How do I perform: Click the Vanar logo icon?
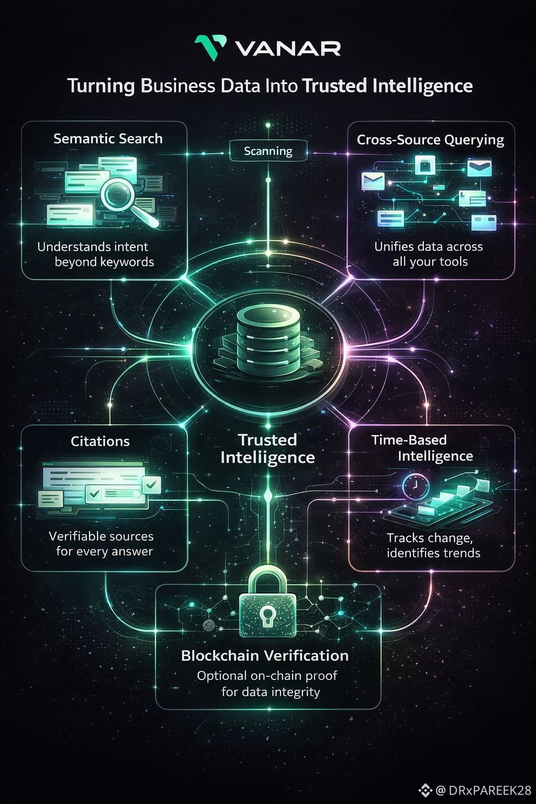210,48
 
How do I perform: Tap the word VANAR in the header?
288,49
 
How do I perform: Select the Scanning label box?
268,151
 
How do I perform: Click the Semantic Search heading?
108,139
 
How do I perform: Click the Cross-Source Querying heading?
430,140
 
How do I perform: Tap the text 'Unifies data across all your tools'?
429,254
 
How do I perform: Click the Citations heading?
100,441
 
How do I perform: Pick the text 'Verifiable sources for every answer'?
102,543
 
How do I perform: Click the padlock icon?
267,607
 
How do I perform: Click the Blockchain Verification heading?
265,655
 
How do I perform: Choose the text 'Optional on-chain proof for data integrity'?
267,684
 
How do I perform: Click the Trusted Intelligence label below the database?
267,449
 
